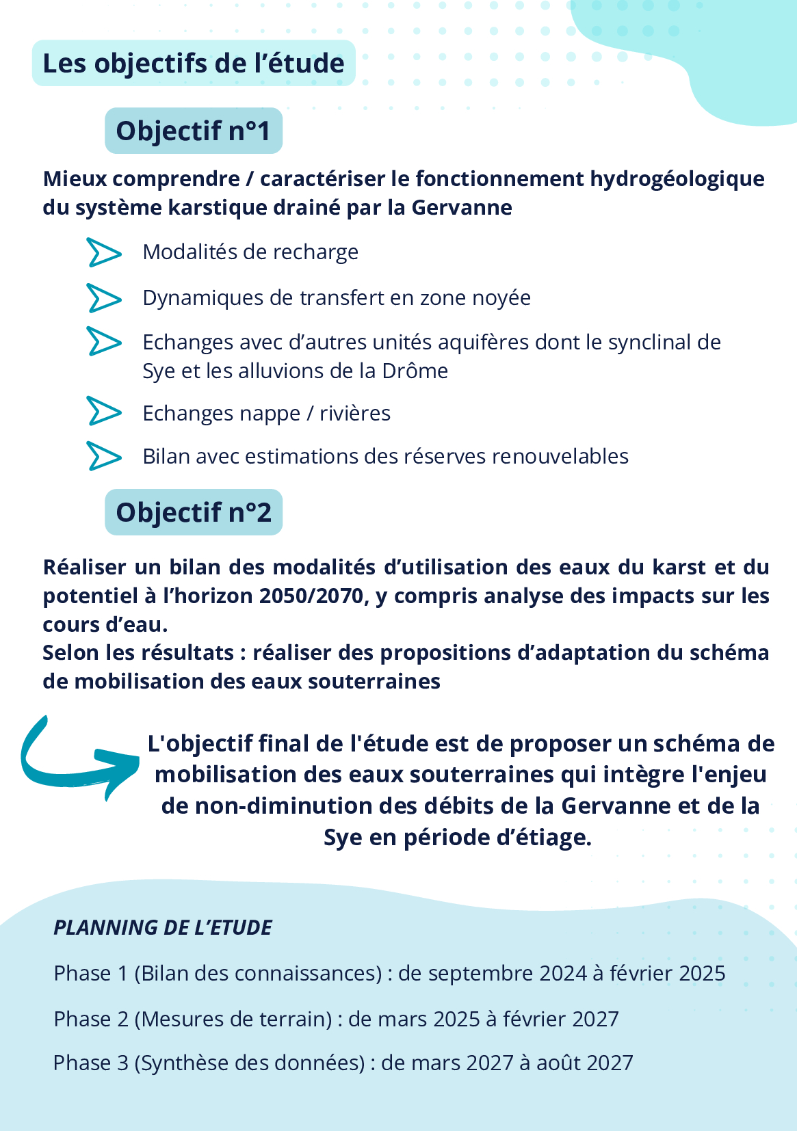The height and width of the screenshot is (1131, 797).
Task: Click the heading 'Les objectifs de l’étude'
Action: (194, 64)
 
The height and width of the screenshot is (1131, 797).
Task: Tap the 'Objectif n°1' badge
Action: (194, 131)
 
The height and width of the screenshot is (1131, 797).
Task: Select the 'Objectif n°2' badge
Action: (194, 512)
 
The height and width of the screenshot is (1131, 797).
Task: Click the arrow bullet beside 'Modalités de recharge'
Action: (104, 252)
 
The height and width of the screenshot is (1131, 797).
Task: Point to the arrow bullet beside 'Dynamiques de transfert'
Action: (104, 298)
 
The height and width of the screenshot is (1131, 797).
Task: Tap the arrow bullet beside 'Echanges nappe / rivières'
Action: (104, 412)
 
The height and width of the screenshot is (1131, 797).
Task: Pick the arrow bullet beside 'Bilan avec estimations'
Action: (104, 456)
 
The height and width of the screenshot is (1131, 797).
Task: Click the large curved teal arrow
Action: (75, 760)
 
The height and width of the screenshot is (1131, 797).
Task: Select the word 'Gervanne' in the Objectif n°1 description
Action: (461, 207)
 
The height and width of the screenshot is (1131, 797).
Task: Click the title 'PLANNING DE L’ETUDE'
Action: (163, 927)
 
